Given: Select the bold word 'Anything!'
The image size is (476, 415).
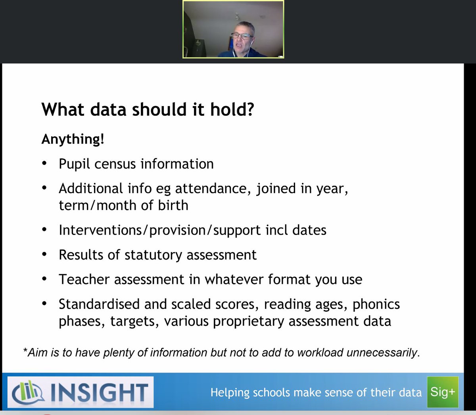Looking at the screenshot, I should pos(73,139).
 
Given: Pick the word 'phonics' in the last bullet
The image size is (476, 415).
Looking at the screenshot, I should pos(376,304).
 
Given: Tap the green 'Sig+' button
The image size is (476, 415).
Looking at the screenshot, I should pos(442,392).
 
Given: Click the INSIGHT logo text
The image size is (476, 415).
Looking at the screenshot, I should pos(99,392).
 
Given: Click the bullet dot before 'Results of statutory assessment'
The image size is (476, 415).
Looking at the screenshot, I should pos(45,255).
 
